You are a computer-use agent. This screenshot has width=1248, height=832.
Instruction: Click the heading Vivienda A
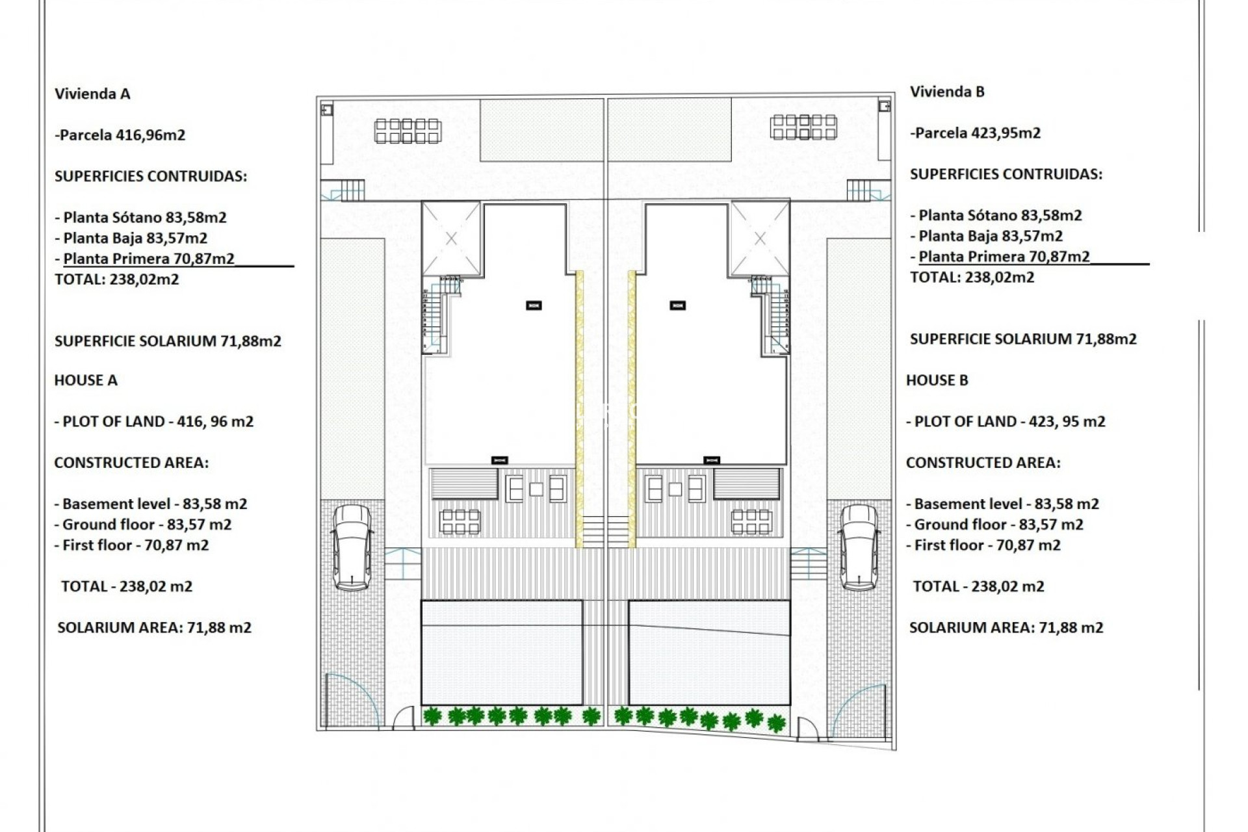pos(92,94)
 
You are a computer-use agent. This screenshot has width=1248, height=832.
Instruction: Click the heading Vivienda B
pos(946,92)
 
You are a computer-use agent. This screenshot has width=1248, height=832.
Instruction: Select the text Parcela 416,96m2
pos(122,135)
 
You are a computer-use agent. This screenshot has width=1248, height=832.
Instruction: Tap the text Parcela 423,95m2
pos(976,133)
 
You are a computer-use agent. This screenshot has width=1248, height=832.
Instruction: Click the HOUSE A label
pos(86,380)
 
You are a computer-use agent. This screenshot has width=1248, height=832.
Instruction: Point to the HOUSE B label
pos(937,380)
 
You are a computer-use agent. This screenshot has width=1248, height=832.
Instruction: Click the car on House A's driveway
pos(352,547)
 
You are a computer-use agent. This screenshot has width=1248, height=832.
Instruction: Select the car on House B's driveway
pos(859,547)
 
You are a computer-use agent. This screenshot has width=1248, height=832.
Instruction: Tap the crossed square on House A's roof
pos(451,239)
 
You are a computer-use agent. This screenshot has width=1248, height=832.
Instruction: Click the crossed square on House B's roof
pos(760,239)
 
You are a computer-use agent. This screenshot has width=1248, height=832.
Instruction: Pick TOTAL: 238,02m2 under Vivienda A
pos(116,279)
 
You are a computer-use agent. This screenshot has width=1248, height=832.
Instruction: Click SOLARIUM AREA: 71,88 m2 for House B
pos(1006,628)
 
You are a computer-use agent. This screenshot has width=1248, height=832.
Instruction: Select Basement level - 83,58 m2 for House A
pos(151,504)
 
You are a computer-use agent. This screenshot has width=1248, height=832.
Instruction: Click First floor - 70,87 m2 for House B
pos(983,545)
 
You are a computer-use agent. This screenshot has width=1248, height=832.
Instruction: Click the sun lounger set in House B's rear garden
pos(803,127)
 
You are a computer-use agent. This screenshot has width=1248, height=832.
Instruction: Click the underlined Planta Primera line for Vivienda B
pos(1004,257)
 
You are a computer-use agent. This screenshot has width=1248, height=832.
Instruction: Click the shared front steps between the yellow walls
pos(605,531)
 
